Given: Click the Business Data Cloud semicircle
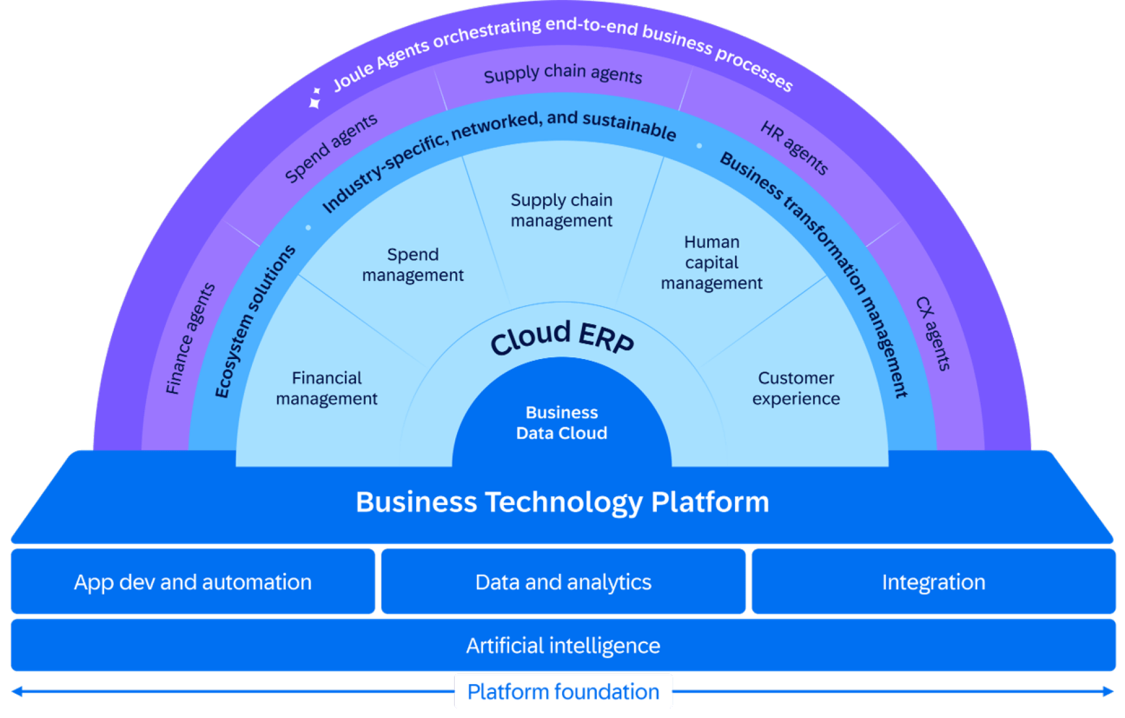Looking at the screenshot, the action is point(562,419).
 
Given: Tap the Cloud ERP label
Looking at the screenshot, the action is point(562,337).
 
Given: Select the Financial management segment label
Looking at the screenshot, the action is point(327,388).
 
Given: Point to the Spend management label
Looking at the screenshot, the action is point(413,264).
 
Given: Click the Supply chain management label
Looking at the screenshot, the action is point(562,210).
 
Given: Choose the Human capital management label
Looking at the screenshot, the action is point(712,262).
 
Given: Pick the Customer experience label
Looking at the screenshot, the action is point(796,388).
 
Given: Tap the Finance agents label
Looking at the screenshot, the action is point(190,339).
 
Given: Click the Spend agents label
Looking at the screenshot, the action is point(331,148).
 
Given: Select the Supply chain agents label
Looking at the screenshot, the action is point(563,74).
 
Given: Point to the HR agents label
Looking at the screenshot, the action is point(794,147).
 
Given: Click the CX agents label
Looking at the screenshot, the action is point(933,334).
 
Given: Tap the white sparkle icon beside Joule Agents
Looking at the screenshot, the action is point(315,97).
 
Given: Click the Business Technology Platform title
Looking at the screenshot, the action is point(562,502).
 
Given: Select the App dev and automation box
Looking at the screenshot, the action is point(193,582).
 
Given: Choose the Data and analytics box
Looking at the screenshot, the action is point(563,582).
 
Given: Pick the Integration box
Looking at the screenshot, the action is point(934,582).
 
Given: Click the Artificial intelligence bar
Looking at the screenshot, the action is point(563,646).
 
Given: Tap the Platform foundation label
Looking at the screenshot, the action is point(563,692).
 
